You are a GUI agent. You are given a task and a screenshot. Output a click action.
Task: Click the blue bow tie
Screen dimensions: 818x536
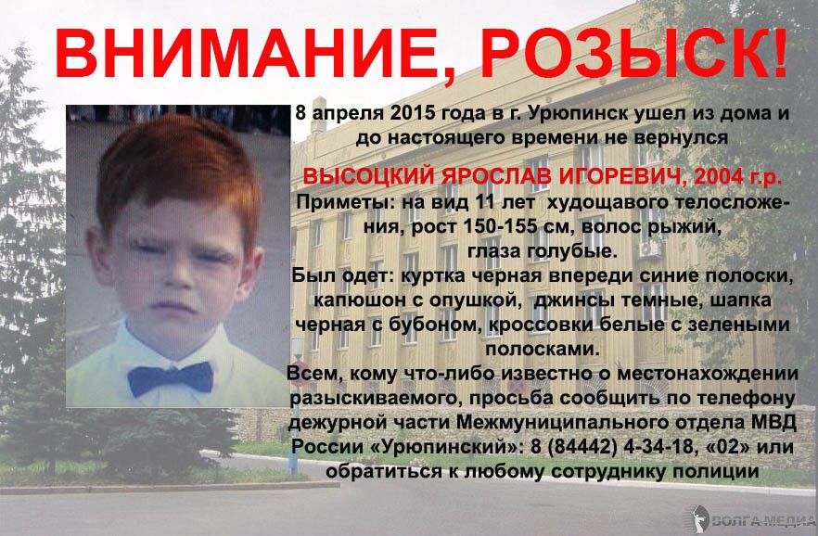click(170, 378)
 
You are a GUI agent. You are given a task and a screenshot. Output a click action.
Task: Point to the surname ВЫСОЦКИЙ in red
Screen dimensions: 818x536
click(369, 177)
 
